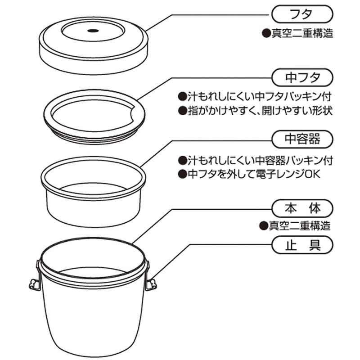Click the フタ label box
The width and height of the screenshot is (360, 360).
point(302,14)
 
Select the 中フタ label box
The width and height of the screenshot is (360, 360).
point(302,77)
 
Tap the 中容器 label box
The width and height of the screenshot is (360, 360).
point(302,139)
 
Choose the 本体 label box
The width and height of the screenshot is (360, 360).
point(302,208)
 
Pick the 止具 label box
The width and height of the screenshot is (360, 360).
point(302,245)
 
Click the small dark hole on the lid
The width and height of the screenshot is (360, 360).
point(93,31)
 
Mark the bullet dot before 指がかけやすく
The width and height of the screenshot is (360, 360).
point(183,111)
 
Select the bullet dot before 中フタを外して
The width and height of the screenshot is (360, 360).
point(183,174)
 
